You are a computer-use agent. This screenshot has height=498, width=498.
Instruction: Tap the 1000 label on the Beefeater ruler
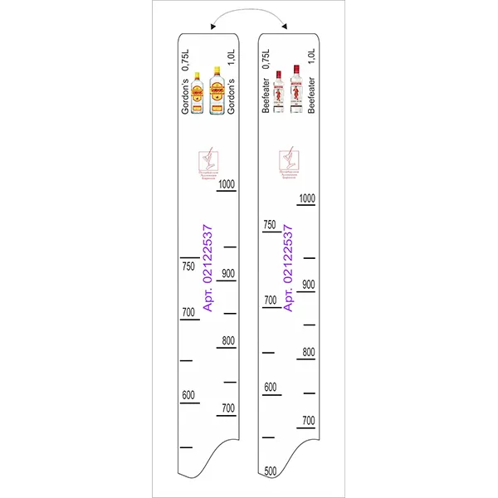click(x=307, y=198)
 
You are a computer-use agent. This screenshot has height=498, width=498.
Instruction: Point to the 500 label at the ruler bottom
click(x=270, y=471)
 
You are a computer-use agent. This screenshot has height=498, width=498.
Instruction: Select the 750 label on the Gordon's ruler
click(x=188, y=266)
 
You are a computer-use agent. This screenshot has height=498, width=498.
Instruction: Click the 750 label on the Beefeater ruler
click(x=270, y=225)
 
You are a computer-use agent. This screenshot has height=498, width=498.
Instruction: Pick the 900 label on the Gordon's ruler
click(x=227, y=273)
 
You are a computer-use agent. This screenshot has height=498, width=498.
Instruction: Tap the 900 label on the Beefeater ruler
click(x=308, y=284)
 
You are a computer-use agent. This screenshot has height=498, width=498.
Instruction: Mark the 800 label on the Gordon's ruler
click(x=227, y=340)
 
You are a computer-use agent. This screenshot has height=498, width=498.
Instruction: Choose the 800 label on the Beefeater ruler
click(x=308, y=352)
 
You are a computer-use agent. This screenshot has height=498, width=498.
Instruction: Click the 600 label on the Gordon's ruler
click(x=188, y=394)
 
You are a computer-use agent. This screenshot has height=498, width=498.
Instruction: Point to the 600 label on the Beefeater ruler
click(x=270, y=387)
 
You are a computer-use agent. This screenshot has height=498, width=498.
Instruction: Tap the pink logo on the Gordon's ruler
click(x=209, y=164)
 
